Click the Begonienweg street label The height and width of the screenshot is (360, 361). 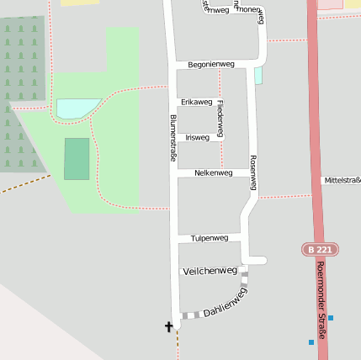[210, 64]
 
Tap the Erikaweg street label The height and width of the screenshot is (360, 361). [196, 101]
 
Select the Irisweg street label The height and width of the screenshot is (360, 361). [197, 136]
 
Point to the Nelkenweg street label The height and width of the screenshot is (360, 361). [213, 172]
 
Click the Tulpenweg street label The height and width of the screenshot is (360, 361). [210, 238]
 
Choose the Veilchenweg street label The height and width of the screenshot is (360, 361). [210, 271]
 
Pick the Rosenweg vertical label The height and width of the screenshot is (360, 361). [252, 172]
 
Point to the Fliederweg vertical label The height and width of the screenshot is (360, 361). [220, 119]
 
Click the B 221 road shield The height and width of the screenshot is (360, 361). [320, 250]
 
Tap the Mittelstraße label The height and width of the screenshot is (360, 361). [342, 181]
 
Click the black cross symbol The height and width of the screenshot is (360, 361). [168, 326]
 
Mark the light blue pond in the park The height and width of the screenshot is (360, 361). [77, 108]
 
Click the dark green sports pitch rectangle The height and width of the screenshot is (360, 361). [77, 159]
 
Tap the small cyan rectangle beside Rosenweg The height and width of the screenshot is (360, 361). [258, 76]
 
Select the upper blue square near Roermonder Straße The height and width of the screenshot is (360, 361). [331, 318]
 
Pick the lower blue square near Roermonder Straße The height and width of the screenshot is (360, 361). [311, 341]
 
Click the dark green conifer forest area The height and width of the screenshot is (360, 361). [21, 93]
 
